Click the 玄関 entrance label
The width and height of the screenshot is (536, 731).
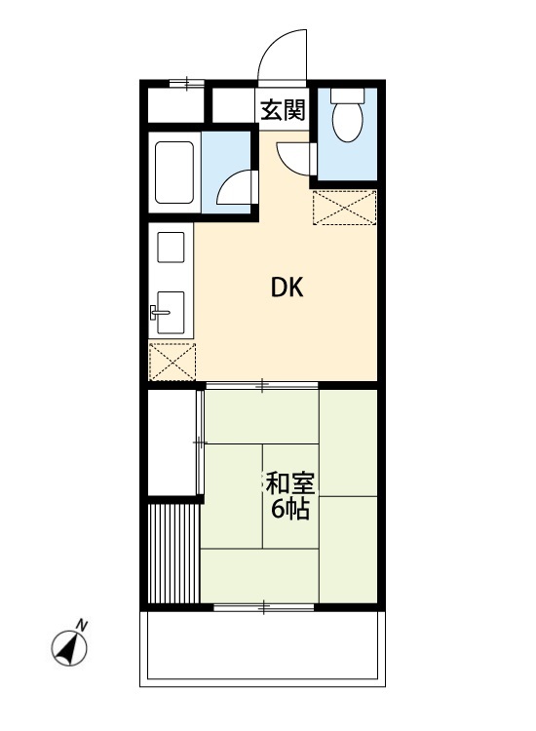pos(283,110)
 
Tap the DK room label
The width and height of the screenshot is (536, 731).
pos(287,288)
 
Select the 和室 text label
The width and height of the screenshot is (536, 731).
pos(289,483)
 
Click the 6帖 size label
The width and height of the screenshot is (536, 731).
pos(289,510)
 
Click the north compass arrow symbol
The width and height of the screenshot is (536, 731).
pos(69,646)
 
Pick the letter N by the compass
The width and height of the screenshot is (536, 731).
pos(83,625)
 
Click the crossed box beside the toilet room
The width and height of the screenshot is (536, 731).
pos(344,208)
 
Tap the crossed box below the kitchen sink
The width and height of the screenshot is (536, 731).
pos(172,362)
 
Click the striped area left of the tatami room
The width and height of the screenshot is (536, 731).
pos(172,553)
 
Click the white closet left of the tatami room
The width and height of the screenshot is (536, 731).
pos(172,442)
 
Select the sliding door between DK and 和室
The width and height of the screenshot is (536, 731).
pos(261,387)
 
